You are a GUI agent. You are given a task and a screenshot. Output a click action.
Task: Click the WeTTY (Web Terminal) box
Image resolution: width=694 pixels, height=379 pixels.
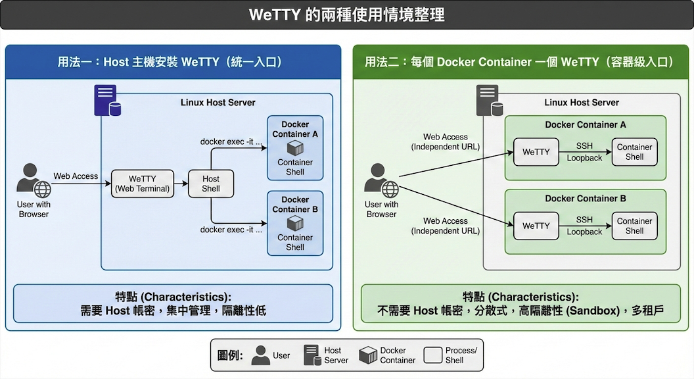(142, 184)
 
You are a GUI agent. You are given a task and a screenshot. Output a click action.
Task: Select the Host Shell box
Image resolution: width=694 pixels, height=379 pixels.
(211, 184)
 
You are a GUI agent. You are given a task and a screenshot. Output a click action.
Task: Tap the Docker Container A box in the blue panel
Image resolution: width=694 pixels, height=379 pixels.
(295, 148)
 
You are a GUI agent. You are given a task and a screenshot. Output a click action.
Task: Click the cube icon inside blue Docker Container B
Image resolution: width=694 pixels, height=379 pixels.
(295, 222)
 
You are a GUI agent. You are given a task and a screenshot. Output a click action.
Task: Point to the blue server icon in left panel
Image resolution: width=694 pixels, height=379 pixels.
(107, 101)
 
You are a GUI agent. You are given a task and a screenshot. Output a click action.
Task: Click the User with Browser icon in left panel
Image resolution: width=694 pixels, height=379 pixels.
(34, 180)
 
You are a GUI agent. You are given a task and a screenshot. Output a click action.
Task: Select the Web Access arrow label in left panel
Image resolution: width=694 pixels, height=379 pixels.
(76, 176)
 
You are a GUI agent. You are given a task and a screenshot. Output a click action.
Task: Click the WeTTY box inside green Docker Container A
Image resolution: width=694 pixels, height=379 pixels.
(536, 152)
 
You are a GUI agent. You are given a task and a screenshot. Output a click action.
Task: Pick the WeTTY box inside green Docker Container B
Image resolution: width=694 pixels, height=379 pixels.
(536, 226)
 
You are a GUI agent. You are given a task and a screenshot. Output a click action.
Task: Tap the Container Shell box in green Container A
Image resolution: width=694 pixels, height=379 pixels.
(634, 152)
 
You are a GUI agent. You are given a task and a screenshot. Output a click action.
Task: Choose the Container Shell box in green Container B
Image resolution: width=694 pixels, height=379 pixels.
(634, 226)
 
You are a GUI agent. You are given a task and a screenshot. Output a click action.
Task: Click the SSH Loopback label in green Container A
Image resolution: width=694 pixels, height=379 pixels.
(584, 152)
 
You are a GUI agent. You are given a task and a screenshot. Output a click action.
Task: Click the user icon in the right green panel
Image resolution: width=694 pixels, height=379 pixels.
(381, 180)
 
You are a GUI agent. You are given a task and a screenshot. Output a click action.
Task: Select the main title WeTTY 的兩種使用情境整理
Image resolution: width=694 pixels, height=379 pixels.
(347, 14)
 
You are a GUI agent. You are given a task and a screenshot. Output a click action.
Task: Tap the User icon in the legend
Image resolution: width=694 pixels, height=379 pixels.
(260, 355)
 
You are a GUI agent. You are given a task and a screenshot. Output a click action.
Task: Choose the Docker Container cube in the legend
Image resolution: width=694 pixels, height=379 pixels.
(368, 355)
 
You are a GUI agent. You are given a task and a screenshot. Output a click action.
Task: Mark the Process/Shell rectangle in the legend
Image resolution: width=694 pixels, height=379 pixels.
(432, 355)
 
